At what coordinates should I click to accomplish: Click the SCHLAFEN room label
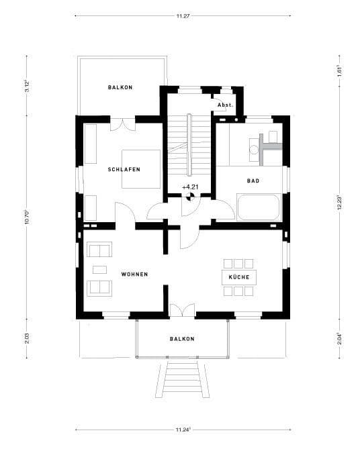(124, 170)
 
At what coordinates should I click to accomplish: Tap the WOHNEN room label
(134, 275)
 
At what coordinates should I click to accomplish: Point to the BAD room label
(253, 181)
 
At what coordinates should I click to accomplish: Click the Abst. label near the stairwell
(225, 105)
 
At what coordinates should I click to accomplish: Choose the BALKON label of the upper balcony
(120, 88)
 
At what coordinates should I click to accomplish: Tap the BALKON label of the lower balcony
(182, 339)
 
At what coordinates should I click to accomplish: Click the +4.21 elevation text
(190, 187)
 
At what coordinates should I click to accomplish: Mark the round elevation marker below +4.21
(190, 197)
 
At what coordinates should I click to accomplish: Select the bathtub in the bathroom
(259, 207)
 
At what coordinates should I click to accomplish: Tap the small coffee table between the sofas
(100, 270)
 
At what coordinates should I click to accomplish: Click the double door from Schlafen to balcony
(123, 124)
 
